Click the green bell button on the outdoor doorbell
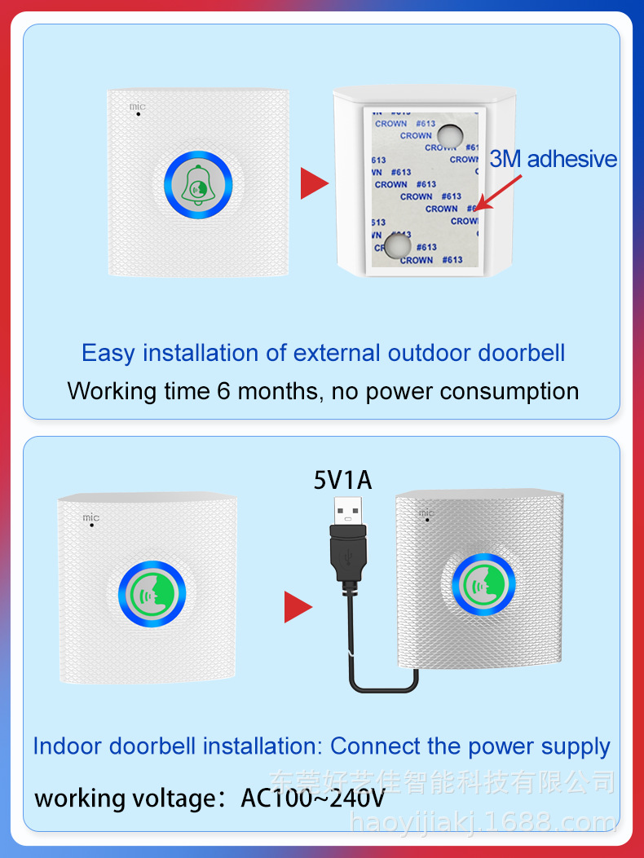click(x=198, y=186)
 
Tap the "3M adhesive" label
click(x=553, y=159)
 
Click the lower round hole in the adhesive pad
click(x=398, y=246)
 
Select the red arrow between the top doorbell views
click(x=313, y=183)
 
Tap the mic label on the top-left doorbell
click(x=136, y=107)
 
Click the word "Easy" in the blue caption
click(x=108, y=353)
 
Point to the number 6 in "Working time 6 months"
click(x=224, y=391)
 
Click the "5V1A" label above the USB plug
click(x=343, y=480)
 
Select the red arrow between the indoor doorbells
click(x=297, y=607)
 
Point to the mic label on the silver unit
click(x=426, y=513)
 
